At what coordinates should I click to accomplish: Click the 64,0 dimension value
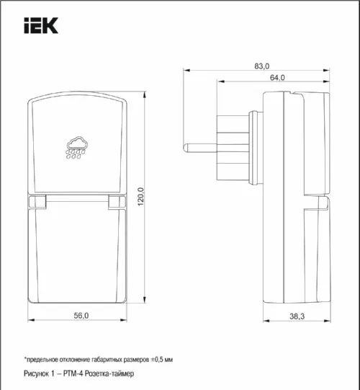(x=277, y=78)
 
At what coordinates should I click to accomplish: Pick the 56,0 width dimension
(x=81, y=316)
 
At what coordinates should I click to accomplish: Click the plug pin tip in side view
(x=188, y=147)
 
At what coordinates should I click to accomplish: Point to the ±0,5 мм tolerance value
(x=161, y=358)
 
